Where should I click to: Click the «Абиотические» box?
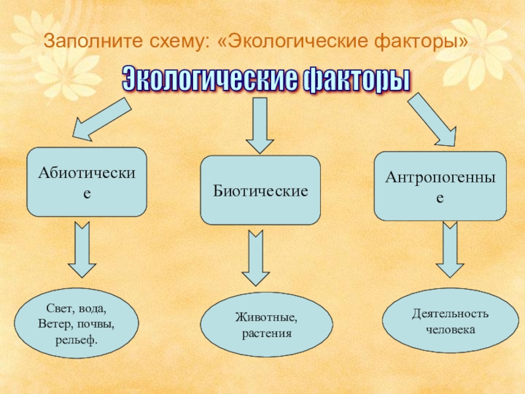86,182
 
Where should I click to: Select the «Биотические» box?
260,190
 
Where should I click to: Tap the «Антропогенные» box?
440,186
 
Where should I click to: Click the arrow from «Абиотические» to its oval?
83,250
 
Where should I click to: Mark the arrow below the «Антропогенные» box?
450,250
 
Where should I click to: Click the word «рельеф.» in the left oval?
77,340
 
